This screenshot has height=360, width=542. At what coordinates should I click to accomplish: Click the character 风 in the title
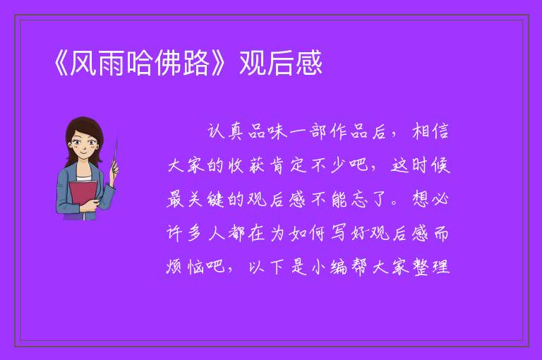click(84, 63)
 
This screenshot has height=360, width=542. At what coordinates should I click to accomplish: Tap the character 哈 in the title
click(140, 63)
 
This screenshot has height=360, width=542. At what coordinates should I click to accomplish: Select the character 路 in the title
click(195, 63)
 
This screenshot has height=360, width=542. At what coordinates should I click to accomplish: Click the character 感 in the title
click(308, 63)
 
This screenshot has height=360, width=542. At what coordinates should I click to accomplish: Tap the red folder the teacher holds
click(83, 196)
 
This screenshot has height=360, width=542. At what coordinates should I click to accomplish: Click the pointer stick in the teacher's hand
click(115, 155)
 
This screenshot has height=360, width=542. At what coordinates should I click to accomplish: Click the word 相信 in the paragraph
click(430, 132)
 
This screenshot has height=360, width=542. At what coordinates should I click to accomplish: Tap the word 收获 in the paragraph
click(246, 166)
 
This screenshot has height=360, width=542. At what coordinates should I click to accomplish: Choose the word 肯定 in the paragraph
click(288, 166)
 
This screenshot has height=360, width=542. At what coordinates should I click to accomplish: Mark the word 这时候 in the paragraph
click(421, 166)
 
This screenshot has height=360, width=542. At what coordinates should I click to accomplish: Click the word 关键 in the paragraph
click(206, 200)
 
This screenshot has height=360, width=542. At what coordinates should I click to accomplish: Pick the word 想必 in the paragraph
click(430, 199)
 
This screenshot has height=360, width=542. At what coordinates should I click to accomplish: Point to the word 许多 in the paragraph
click(185, 233)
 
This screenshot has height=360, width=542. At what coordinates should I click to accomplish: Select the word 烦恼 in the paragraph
click(185, 267)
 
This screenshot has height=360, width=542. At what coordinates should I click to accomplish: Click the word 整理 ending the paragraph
click(431, 267)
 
